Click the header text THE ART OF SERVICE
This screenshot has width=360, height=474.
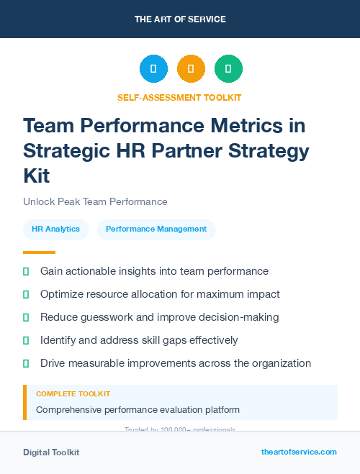(x=180, y=19)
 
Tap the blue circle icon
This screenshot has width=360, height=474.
(x=153, y=69)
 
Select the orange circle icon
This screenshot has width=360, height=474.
(x=191, y=69)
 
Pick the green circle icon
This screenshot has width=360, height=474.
(x=228, y=69)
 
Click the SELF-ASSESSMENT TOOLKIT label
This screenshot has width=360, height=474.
(x=180, y=97)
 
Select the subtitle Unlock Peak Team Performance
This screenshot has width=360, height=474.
(x=95, y=202)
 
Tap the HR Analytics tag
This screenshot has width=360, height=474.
(x=55, y=229)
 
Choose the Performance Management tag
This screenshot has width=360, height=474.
(x=156, y=229)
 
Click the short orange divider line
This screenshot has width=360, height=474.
(x=39, y=252)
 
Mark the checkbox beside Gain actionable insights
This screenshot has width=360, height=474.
(x=26, y=272)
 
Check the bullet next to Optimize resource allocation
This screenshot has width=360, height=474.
(x=26, y=295)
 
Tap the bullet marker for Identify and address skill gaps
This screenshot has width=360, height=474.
(x=26, y=340)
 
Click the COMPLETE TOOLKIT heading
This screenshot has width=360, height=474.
(x=73, y=394)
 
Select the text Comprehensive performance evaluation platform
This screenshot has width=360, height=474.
(x=138, y=410)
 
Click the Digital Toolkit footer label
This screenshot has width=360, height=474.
(x=51, y=452)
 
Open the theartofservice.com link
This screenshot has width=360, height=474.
(x=299, y=452)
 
